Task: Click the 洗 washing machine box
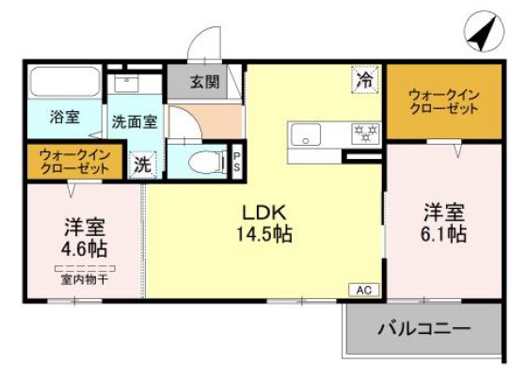[x=142, y=164]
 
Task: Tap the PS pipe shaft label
[x=237, y=162]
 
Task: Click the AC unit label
[x=363, y=291]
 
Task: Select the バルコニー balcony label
[x=423, y=329]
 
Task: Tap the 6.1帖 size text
[x=442, y=234]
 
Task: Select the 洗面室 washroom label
[x=135, y=121]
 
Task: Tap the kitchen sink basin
[x=307, y=135]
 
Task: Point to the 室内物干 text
[x=84, y=278]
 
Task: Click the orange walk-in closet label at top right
[x=442, y=101]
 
